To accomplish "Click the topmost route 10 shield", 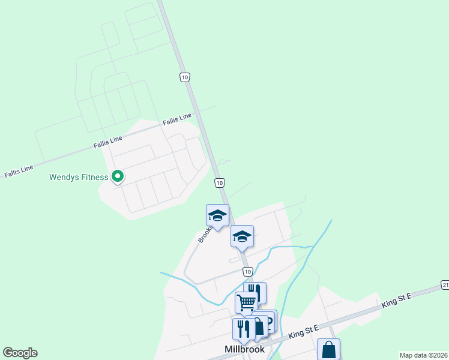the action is coord(185,77).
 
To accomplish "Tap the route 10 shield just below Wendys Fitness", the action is coord(220,182).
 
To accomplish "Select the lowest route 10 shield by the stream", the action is coord(247,272).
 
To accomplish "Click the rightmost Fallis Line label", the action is coord(177,119).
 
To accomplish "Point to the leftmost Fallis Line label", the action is coord(19,170).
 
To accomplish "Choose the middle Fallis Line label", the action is coord(107,142).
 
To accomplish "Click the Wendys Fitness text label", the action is coord(79,177).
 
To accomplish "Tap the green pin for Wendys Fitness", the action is coord(118,176).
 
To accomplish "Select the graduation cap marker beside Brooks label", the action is coord(217,215).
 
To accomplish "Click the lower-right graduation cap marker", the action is coord(242,236).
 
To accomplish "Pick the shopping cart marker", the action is coord(246,302).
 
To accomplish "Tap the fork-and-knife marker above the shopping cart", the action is coord(256,292).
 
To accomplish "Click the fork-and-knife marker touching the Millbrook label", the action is coord(243,328).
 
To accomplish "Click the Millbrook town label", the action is coord(244,349).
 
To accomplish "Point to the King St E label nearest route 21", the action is coord(397,301).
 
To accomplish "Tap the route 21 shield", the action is coord(444,284).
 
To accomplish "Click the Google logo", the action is coord(20,353).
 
